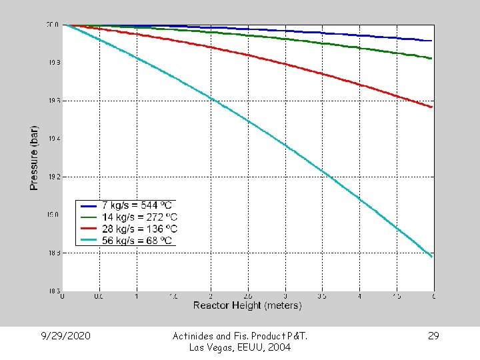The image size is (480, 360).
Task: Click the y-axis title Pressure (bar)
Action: pyautogui.click(x=34, y=158)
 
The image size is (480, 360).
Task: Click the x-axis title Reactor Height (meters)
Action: pyautogui.click(x=247, y=305)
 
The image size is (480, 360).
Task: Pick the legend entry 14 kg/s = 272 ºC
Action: pyautogui.click(x=139, y=217)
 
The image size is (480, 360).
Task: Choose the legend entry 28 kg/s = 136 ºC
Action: pyautogui.click(x=139, y=229)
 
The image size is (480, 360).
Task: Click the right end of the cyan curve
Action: pyautogui.click(x=433, y=257)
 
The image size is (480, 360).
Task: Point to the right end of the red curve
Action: pyautogui.click(x=433, y=107)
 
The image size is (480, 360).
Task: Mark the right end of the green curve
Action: pyautogui.click(x=433, y=59)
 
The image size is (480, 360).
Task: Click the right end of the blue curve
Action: pyautogui.click(x=433, y=41)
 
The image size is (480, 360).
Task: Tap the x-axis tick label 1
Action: pyautogui.click(x=137, y=296)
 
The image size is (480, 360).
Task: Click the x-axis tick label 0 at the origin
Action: pyautogui.click(x=63, y=296)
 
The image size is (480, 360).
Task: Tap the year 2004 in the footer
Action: pyautogui.click(x=279, y=347)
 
